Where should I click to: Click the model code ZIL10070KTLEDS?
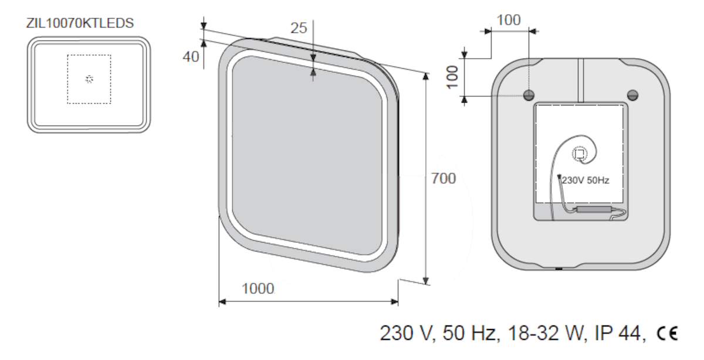(80, 23)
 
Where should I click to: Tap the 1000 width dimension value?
(258, 288)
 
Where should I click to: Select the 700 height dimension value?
(443, 178)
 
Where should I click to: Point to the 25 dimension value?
(299, 28)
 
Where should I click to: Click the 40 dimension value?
(191, 57)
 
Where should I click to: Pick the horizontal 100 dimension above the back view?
(509, 20)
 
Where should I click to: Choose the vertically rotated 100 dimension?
(452, 77)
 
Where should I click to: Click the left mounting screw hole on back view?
(529, 95)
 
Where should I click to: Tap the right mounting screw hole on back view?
(632, 95)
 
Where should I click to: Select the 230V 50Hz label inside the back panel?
(585, 181)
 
